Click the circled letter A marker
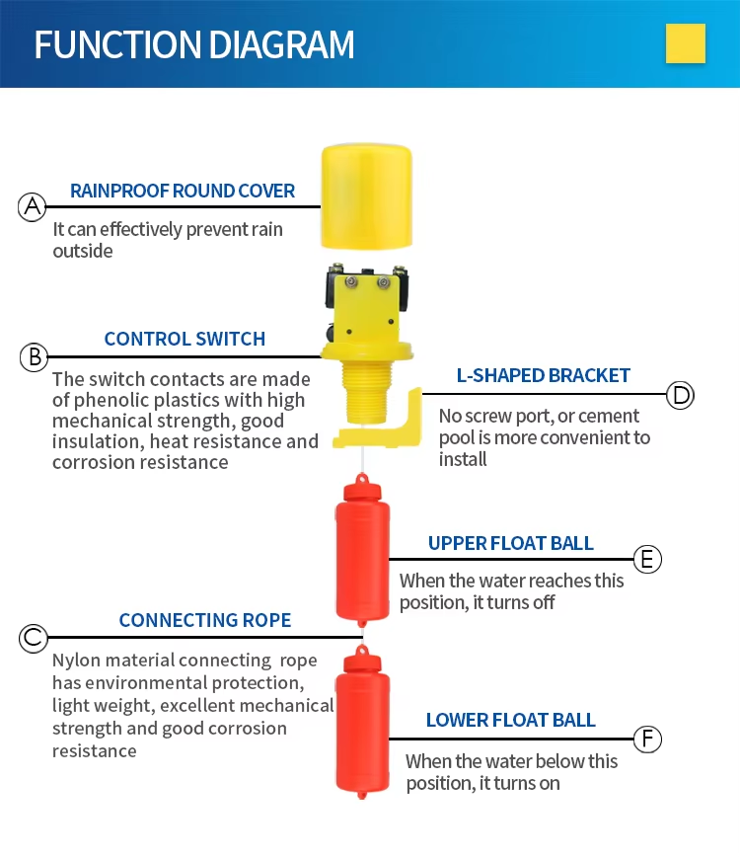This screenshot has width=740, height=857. click(x=33, y=206)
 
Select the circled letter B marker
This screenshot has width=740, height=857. click(x=34, y=356)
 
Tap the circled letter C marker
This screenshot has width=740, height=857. click(x=34, y=638)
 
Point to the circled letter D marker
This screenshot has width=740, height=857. click(x=681, y=395)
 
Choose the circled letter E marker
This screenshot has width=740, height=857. click(x=647, y=560)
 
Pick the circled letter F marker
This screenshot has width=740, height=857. click(x=647, y=739)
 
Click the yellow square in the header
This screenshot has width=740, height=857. click(x=686, y=43)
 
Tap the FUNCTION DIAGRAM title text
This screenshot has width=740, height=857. click(x=194, y=45)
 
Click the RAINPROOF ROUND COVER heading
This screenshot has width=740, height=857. click(x=183, y=191)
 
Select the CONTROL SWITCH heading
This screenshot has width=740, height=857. click(x=185, y=339)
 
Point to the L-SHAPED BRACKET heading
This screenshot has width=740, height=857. click(x=543, y=375)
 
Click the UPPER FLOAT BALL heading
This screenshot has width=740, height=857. click(x=510, y=543)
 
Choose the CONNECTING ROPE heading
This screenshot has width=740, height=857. click(x=205, y=620)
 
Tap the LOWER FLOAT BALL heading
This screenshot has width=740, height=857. click(x=510, y=720)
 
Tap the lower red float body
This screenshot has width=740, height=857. click(x=363, y=726)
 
